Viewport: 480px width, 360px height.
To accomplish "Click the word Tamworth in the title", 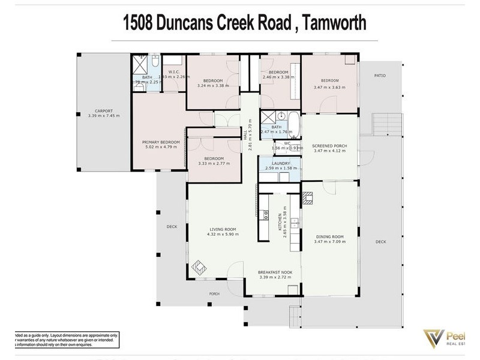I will click(334, 23).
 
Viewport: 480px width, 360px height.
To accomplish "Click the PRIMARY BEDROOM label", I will click(161, 142).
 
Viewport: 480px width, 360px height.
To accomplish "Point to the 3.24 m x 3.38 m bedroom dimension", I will click(213, 86).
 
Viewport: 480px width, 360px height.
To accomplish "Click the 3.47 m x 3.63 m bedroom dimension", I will click(329, 87).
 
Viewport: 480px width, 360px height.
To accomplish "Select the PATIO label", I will click(380, 76).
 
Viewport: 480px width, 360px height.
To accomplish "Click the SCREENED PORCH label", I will click(329, 146).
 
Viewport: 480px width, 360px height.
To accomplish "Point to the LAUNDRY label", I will click(281, 163).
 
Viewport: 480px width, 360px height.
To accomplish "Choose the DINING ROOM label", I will click(329, 236).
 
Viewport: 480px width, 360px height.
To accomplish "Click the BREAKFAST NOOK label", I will click(275, 272).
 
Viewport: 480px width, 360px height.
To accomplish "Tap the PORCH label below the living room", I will click(214, 293).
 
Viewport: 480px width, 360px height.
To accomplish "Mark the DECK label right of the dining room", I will click(380, 242).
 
